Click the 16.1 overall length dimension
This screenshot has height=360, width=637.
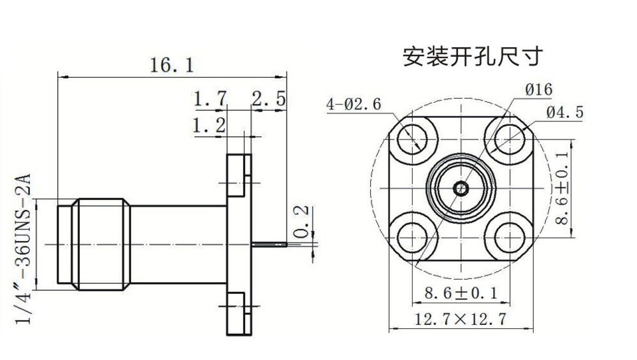(x=171, y=64)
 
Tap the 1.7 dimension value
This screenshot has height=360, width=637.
(x=211, y=99)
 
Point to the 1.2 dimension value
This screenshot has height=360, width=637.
(x=210, y=126)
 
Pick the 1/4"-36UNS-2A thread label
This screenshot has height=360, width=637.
(x=24, y=248)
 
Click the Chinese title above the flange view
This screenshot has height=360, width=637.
(x=472, y=57)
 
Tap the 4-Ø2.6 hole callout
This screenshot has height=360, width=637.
(x=354, y=104)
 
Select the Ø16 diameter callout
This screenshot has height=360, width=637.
(x=538, y=90)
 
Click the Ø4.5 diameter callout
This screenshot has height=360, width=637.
(x=564, y=113)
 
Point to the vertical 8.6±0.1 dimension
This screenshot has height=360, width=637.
(x=562, y=188)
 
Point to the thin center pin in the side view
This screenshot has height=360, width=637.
(x=271, y=243)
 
